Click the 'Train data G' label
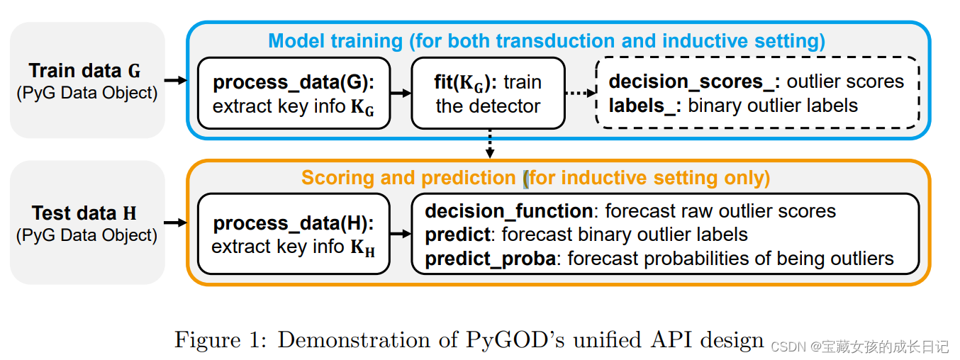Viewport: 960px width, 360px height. click(85, 71)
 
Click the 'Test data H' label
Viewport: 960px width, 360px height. click(84, 213)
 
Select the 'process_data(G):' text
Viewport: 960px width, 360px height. click(294, 82)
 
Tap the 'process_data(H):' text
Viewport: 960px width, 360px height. click(294, 223)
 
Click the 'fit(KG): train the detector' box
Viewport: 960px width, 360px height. click(488, 94)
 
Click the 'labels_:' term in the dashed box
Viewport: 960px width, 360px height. click(645, 106)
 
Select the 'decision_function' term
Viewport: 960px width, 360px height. click(508, 211)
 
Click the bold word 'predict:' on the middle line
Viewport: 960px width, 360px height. click(457, 235)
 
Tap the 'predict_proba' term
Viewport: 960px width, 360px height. click(490, 259)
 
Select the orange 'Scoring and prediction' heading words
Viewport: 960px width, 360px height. click(409, 177)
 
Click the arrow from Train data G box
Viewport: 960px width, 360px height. click(175, 81)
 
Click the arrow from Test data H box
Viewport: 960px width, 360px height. click(175, 223)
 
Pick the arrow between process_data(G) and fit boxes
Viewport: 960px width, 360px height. click(401, 93)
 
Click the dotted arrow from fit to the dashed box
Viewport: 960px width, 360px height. click(580, 93)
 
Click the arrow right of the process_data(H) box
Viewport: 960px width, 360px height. click(401, 235)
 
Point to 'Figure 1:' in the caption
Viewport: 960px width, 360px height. click(218, 340)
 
